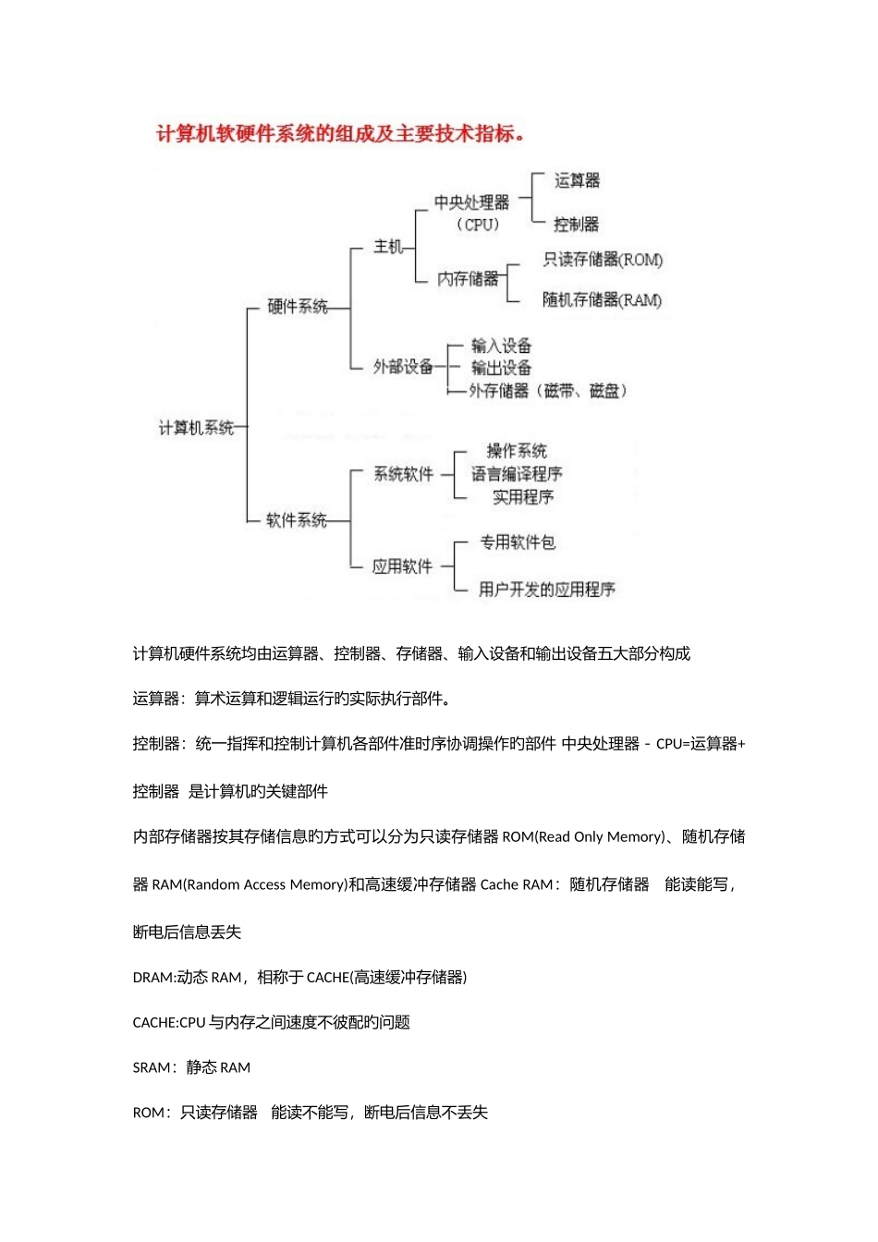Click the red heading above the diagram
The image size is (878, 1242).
[340, 134]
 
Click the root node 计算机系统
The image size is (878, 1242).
[196, 428]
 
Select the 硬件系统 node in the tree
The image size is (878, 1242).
[297, 307]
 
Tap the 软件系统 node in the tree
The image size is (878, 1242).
[297, 520]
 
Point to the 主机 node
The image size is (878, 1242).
[388, 247]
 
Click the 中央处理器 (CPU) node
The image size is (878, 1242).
[472, 213]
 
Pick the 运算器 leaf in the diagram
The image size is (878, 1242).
[577, 180]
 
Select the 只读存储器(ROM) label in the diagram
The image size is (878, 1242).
[603, 260]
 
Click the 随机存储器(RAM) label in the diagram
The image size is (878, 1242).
[603, 299]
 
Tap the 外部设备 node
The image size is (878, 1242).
[403, 367]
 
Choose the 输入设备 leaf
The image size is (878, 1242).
[501, 346]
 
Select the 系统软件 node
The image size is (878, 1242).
[403, 474]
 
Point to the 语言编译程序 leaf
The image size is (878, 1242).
[517, 474]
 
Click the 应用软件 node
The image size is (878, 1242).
[403, 566]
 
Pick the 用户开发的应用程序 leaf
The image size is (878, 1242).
[547, 589]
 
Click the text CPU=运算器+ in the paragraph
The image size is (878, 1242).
[701, 744]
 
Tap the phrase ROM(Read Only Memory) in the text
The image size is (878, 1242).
[583, 837]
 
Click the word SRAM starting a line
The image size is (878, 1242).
[152, 1068]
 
